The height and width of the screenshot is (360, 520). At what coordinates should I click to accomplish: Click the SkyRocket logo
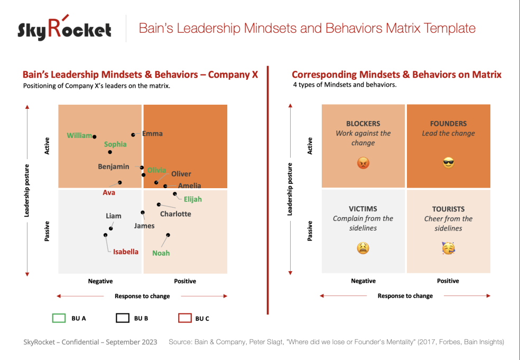click(64, 29)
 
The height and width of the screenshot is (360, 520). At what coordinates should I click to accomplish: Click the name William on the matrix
click(79, 136)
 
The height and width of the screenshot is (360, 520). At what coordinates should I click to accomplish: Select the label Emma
click(152, 134)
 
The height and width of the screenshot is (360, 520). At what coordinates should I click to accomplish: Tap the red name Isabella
click(126, 252)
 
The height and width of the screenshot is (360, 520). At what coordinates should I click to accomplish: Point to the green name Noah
click(161, 253)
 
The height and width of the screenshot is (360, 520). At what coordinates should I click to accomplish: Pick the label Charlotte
click(175, 214)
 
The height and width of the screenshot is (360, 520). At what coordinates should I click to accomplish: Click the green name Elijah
click(192, 199)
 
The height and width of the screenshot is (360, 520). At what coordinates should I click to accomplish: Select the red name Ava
click(109, 193)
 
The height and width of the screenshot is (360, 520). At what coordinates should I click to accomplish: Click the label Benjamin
click(114, 167)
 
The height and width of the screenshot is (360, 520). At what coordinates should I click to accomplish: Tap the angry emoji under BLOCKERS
click(363, 163)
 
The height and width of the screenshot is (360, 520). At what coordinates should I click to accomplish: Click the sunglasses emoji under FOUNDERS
click(448, 163)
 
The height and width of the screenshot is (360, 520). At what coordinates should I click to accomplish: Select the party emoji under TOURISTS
click(448, 248)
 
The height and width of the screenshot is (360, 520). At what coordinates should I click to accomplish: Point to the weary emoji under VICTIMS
click(363, 248)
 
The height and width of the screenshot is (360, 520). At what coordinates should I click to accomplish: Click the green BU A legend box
click(59, 318)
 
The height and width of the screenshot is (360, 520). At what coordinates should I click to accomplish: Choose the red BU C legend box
click(184, 318)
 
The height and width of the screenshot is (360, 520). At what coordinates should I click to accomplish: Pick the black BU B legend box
click(122, 318)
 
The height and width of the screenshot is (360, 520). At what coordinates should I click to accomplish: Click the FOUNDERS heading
click(448, 124)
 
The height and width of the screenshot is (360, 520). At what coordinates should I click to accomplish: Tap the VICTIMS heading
click(363, 209)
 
